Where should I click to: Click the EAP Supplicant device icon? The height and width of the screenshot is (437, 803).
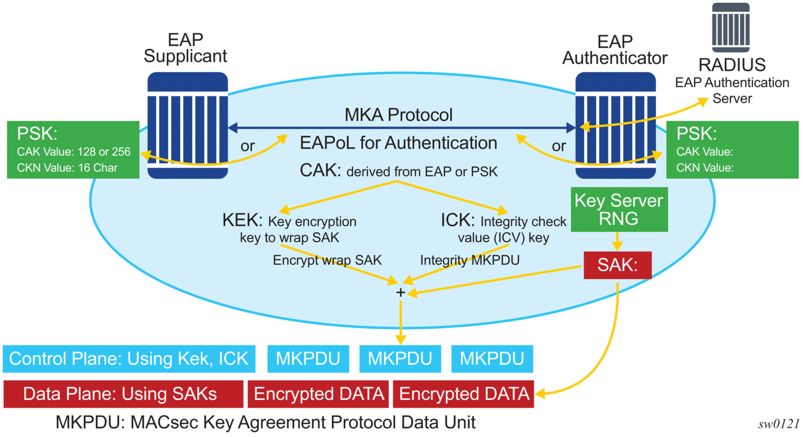pos(187,126)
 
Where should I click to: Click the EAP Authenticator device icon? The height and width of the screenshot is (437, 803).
pos(616,126)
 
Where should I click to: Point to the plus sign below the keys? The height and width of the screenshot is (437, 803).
pos(401,292)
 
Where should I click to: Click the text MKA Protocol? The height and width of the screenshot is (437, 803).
pos(398,115)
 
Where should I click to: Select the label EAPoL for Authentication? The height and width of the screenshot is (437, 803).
pos(398,143)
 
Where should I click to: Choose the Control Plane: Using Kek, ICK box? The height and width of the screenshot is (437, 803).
pos(129,359)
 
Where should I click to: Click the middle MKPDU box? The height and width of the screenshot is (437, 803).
pos(400,359)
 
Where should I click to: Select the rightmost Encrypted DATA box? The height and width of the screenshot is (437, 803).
pos(464,394)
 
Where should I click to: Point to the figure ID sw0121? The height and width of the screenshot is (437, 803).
pos(779,423)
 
